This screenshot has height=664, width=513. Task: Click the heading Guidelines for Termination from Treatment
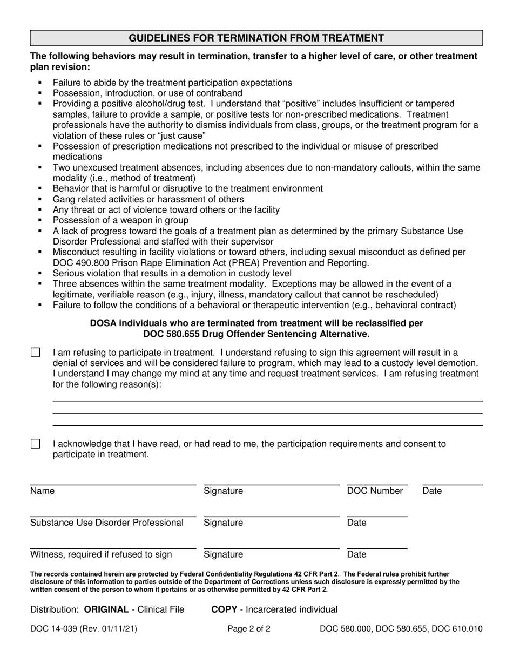tap(256, 38)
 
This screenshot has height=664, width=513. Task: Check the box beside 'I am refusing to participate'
tap(36, 353)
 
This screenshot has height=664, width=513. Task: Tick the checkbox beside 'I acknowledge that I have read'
tap(36, 444)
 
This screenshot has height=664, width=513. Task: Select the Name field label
tap(42, 491)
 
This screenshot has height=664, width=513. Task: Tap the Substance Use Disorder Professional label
tap(107, 523)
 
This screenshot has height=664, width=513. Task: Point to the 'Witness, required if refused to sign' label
tap(101, 554)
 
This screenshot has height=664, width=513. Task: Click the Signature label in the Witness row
tap(223, 554)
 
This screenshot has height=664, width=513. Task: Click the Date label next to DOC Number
tap(432, 491)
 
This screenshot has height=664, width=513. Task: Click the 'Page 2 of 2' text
tap(249, 629)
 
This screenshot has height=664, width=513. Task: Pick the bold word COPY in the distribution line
tap(224, 609)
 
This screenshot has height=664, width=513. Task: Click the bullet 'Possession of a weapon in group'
tap(120, 220)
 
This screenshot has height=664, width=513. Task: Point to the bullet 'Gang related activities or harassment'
tap(148, 199)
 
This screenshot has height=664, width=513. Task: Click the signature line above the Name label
tap(112, 485)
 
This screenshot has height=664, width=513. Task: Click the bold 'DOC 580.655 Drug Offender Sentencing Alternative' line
tap(256, 334)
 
